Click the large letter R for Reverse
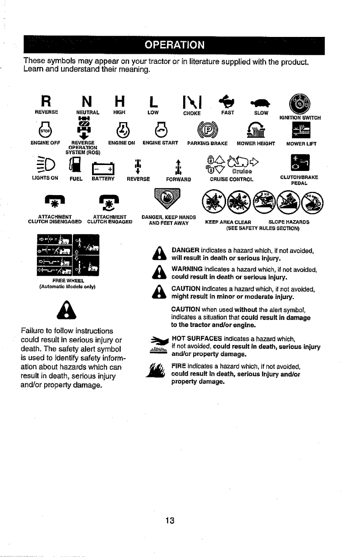(45, 100)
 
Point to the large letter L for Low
(153, 100)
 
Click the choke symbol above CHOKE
(191, 100)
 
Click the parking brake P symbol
(204, 132)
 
